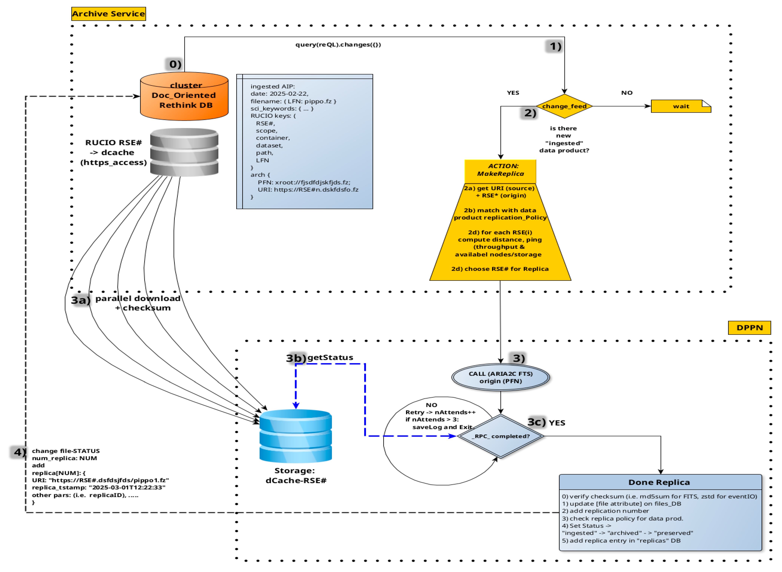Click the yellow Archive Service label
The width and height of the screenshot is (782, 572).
tap(109, 14)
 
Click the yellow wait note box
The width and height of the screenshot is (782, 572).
tap(681, 106)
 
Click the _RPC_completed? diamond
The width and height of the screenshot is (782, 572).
tap(501, 436)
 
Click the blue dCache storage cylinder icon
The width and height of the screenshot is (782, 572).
tap(296, 436)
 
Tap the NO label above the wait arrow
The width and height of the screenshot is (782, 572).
tap(627, 93)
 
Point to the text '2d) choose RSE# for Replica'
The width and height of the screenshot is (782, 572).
tap(500, 269)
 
